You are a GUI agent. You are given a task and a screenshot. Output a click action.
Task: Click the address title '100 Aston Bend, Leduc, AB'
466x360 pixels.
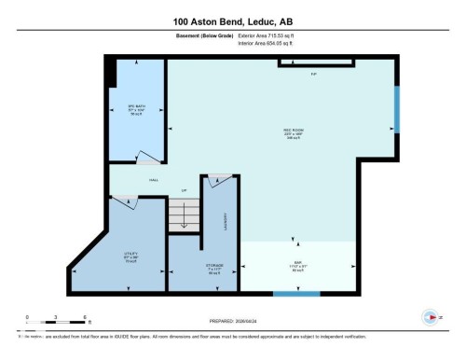coord(233,21)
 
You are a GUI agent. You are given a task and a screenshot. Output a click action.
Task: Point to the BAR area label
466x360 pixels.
coord(297,266)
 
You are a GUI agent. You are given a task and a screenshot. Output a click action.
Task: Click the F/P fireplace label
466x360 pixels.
coord(314,73)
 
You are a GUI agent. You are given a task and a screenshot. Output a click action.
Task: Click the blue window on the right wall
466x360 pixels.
coord(396,109)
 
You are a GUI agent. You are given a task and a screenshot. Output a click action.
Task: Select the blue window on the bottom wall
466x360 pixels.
coord(290,294)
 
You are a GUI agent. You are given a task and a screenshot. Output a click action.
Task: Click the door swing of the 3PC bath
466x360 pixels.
coord(148,159)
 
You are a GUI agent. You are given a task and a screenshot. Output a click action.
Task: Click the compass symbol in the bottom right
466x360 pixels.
coord(431,316)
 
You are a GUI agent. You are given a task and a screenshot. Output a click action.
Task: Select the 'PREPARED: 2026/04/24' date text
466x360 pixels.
coord(232,316)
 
